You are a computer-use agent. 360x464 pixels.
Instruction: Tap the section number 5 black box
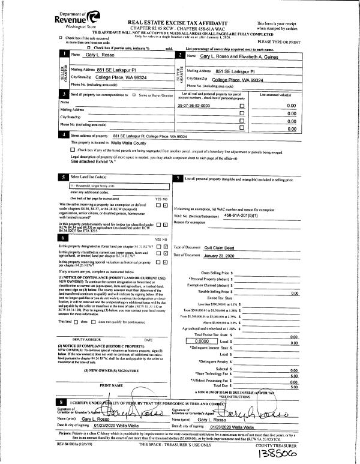tap(64, 178)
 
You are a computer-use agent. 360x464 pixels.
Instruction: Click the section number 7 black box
tap(179, 178)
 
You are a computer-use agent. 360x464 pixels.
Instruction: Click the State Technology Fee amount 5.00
tap(293, 376)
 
